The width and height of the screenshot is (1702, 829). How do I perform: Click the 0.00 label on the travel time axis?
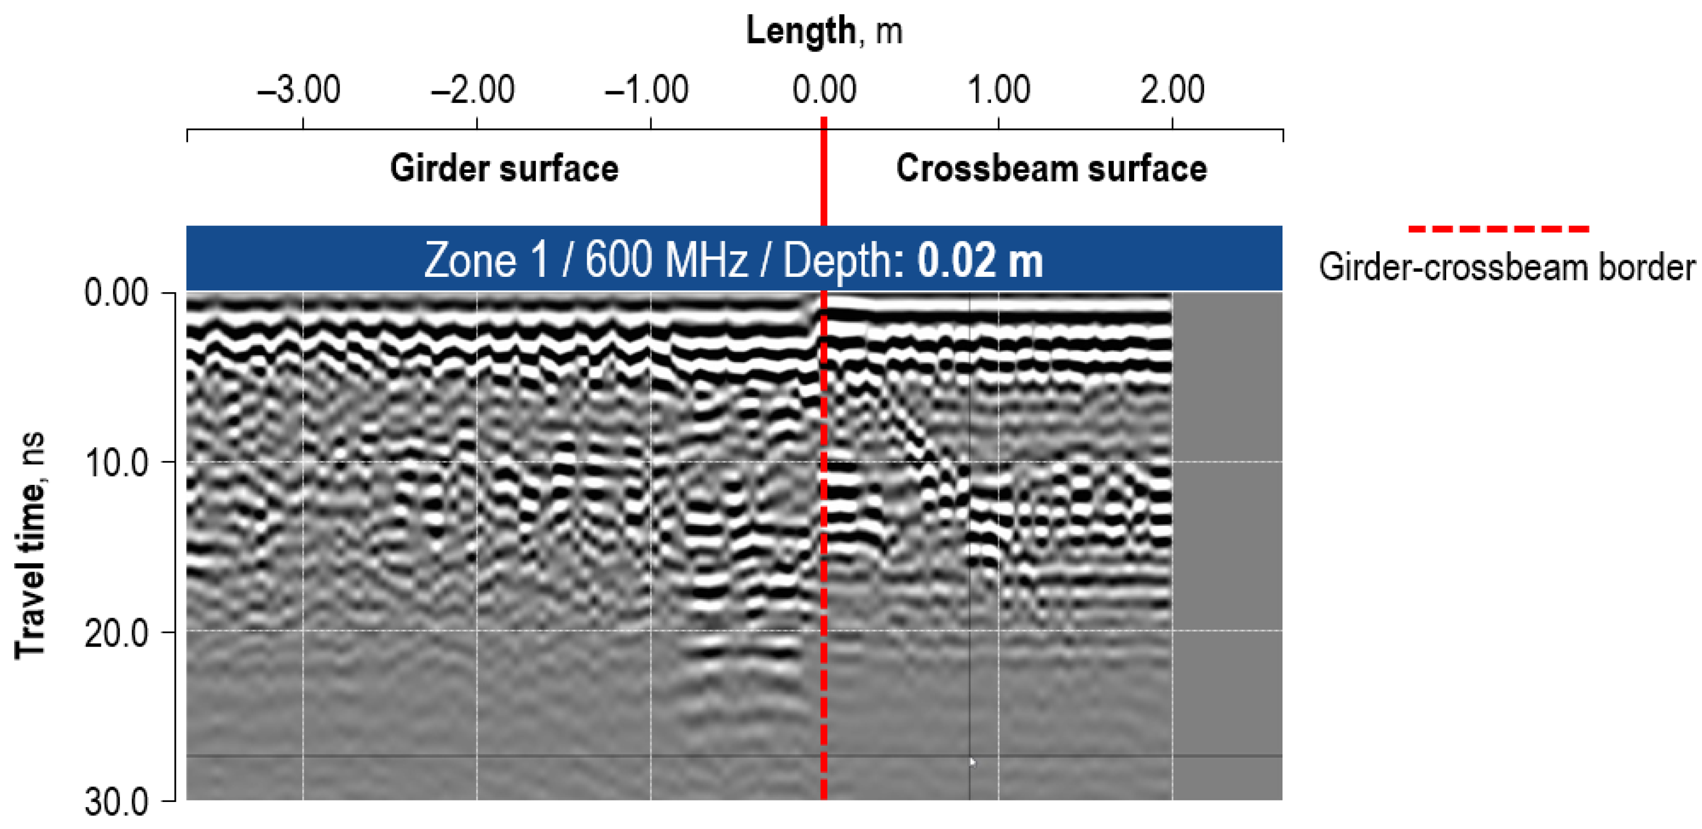[x=116, y=293]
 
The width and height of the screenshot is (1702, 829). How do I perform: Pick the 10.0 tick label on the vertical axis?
[x=116, y=463]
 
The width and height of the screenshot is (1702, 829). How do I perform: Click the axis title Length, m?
[x=824, y=31]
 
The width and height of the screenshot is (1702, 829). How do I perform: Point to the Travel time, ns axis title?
[x=31, y=546]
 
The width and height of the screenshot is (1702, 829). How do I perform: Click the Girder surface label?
[x=504, y=169]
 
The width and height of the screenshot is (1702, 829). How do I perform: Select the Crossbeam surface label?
[x=1051, y=169]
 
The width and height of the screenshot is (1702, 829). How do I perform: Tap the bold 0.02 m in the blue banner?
[x=980, y=261]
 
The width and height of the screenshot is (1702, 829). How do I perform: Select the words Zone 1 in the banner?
[x=486, y=261]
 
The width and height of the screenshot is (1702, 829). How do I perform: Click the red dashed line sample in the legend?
[x=1499, y=229]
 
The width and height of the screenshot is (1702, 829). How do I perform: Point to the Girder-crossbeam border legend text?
[x=1506, y=268]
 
